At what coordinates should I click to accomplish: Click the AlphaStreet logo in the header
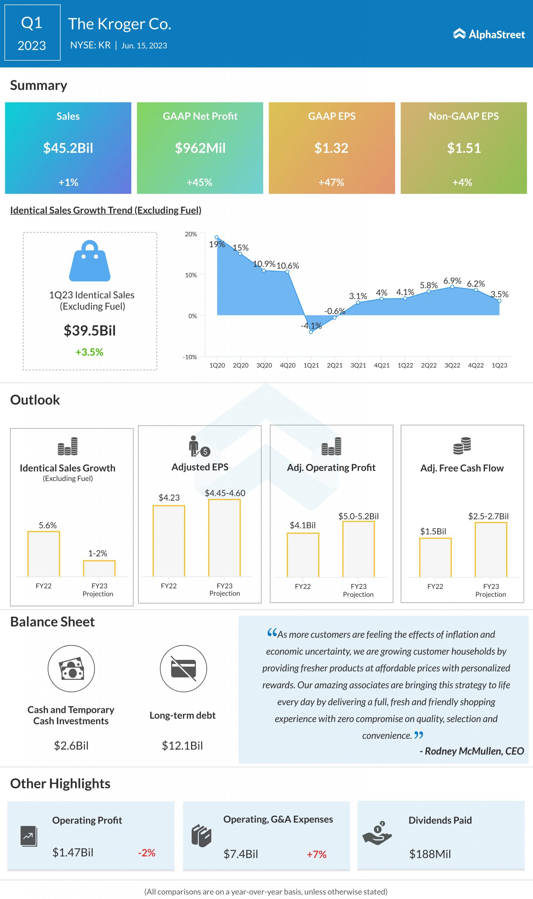(x=488, y=34)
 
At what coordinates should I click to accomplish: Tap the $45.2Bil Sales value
(x=68, y=148)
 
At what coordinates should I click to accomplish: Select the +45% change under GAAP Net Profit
(x=199, y=182)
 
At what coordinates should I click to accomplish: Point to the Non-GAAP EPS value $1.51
(x=464, y=148)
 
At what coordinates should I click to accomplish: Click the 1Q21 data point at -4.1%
(x=311, y=332)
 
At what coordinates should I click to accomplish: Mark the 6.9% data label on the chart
(x=452, y=281)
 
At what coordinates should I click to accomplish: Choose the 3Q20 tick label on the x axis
(x=264, y=365)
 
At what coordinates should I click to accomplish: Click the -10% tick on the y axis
(x=190, y=357)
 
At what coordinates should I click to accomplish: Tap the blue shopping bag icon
(x=90, y=261)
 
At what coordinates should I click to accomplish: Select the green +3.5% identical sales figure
(x=89, y=352)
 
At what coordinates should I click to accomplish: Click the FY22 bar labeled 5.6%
(x=43, y=554)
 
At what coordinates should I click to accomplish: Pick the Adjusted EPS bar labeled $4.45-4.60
(x=224, y=538)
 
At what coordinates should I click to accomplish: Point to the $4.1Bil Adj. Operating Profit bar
(x=303, y=555)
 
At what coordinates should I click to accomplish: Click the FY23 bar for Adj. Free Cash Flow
(x=491, y=550)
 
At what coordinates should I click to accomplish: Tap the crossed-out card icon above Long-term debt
(x=183, y=669)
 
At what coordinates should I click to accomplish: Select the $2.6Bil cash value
(x=71, y=746)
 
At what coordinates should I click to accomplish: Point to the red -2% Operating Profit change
(x=147, y=853)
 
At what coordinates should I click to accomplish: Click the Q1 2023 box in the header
(x=32, y=33)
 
